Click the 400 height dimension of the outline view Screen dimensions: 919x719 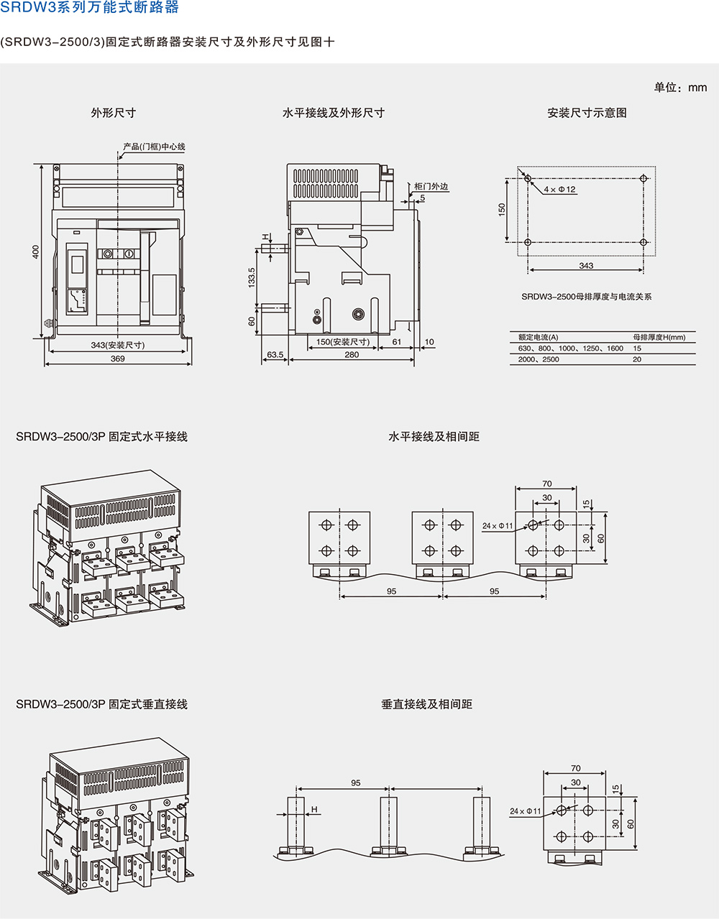click(x=35, y=251)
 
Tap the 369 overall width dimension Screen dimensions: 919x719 click(x=118, y=359)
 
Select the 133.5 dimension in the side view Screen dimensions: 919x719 click(x=252, y=277)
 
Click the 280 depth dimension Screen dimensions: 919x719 click(x=352, y=355)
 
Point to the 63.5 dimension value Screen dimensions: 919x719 click(x=275, y=355)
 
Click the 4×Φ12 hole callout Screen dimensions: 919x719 click(x=559, y=190)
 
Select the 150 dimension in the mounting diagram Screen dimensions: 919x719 click(x=502, y=209)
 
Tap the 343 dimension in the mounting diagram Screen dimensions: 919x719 click(x=586, y=266)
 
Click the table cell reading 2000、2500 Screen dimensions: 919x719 click(x=539, y=359)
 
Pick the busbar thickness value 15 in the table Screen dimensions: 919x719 click(x=637, y=348)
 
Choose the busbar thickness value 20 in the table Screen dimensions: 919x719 click(x=637, y=359)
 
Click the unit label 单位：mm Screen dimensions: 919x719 click(x=680, y=88)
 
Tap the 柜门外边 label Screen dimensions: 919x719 click(x=431, y=187)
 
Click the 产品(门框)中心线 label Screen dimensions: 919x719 click(x=154, y=147)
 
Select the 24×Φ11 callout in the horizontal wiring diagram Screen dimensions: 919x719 click(x=498, y=526)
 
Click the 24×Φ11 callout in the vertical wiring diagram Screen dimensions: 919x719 click(x=526, y=811)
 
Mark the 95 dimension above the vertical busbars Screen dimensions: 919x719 click(x=356, y=782)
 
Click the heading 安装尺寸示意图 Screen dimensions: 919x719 click(x=587, y=113)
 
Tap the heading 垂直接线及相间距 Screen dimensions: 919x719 click(x=427, y=704)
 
